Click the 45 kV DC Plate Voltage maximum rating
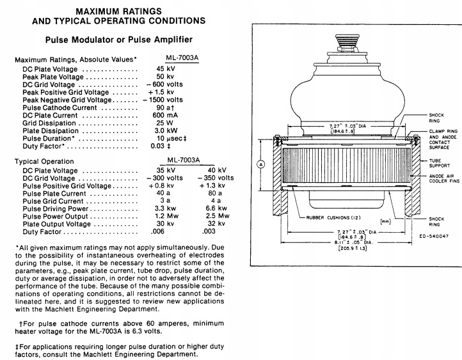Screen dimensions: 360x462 click(165, 68)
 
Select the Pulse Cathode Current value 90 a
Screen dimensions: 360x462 click(164, 107)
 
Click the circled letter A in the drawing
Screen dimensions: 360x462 click(260, 164)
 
